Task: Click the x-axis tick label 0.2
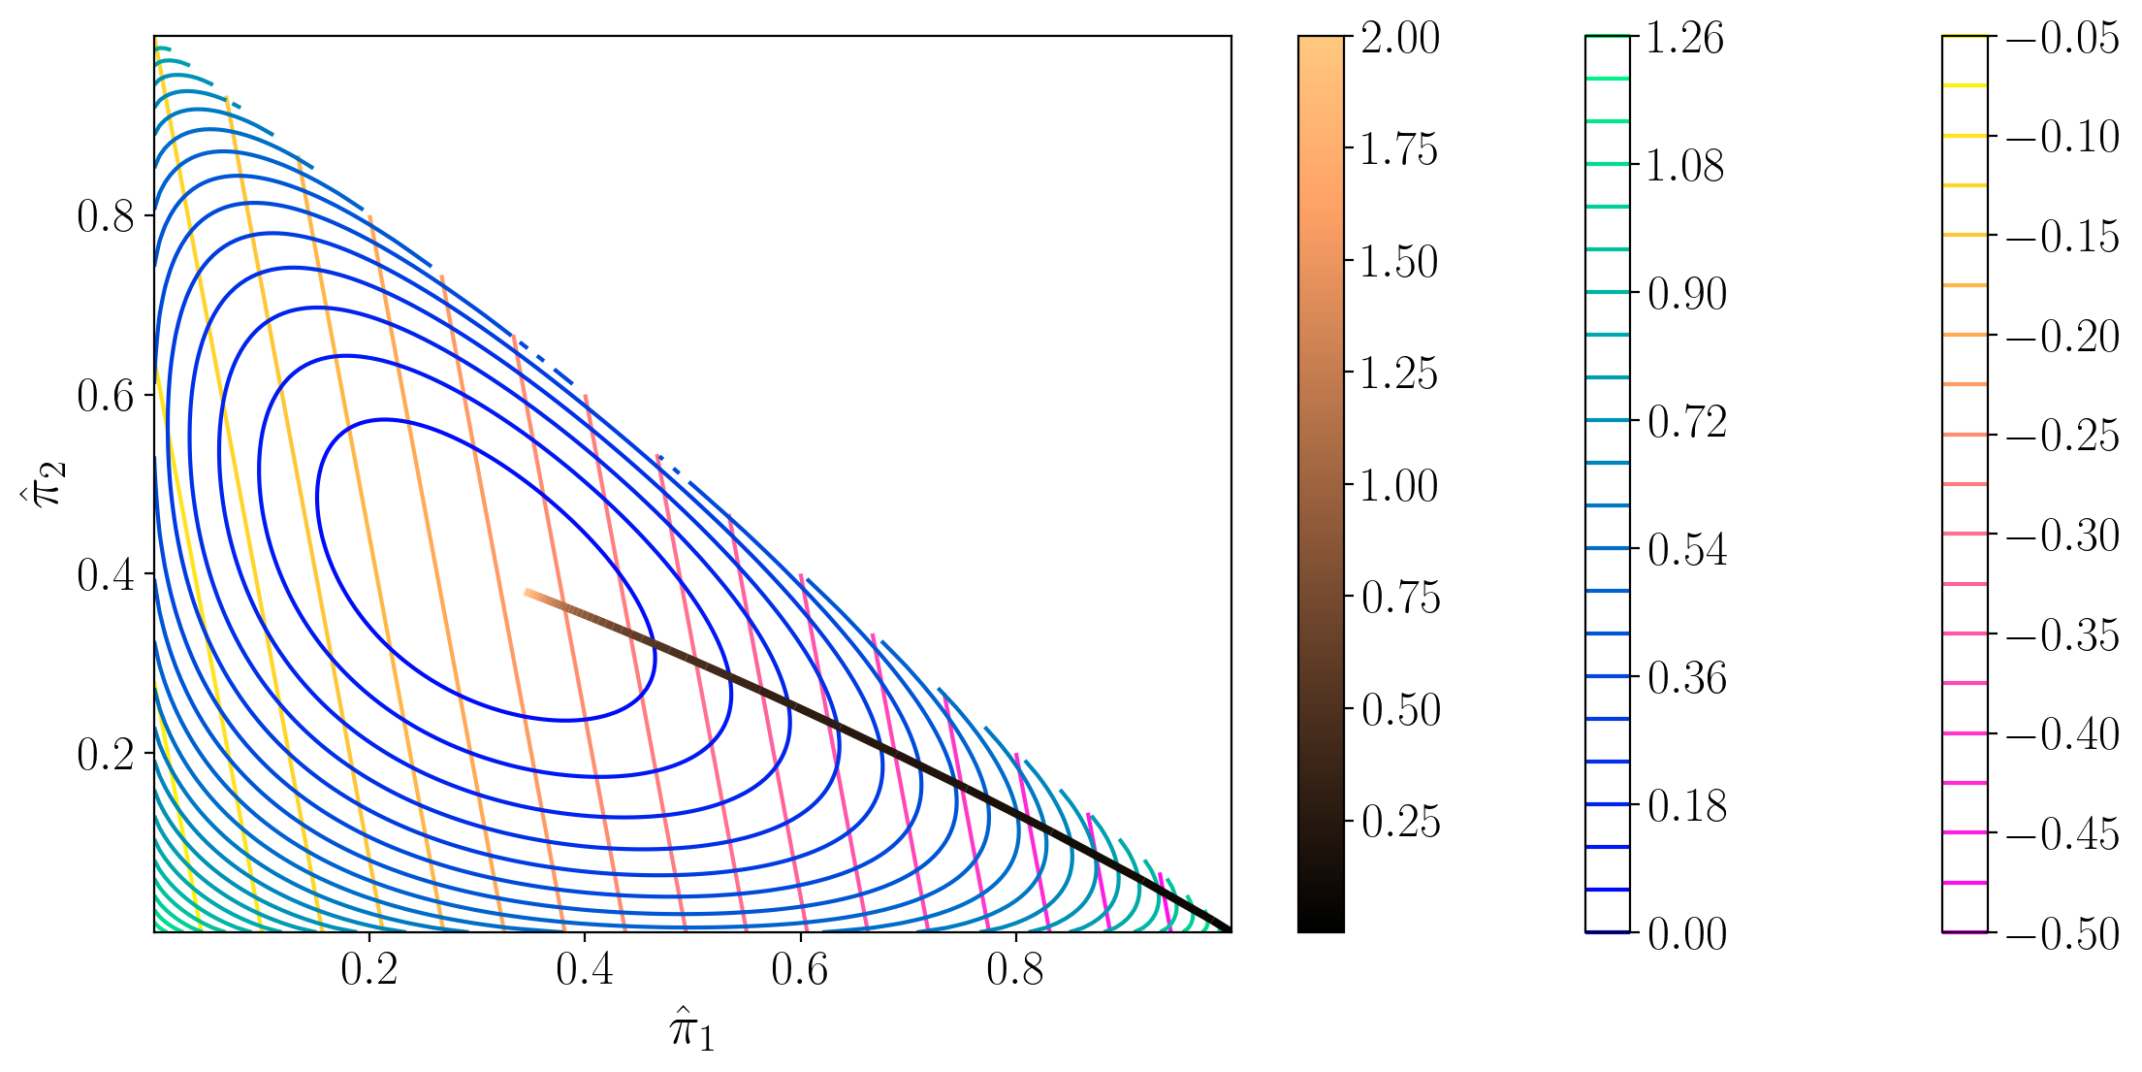[368, 969]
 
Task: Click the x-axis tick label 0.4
[584, 969]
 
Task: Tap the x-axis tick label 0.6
[799, 969]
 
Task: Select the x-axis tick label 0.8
[1014, 969]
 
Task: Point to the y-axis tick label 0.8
[106, 216]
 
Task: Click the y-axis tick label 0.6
[106, 396]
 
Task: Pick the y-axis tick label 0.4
[106, 575]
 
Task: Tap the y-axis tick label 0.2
[106, 754]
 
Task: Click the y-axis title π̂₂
[44, 483]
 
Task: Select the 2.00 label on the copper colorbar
[1399, 39]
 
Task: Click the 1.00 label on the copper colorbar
[1399, 486]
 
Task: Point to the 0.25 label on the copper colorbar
[1399, 822]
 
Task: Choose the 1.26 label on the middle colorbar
[1685, 39]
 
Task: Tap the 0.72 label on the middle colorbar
[1687, 422]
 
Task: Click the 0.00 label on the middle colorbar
[1687, 934]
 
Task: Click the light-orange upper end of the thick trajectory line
[529, 593]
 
